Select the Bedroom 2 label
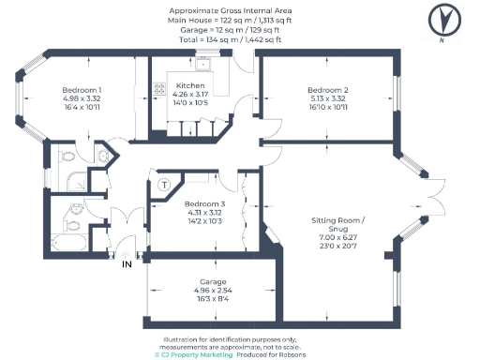tap(327, 89)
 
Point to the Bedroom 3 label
tap(204, 204)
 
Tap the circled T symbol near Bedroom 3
tap(165, 186)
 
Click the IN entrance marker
tap(127, 264)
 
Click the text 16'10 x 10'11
tap(327, 108)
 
